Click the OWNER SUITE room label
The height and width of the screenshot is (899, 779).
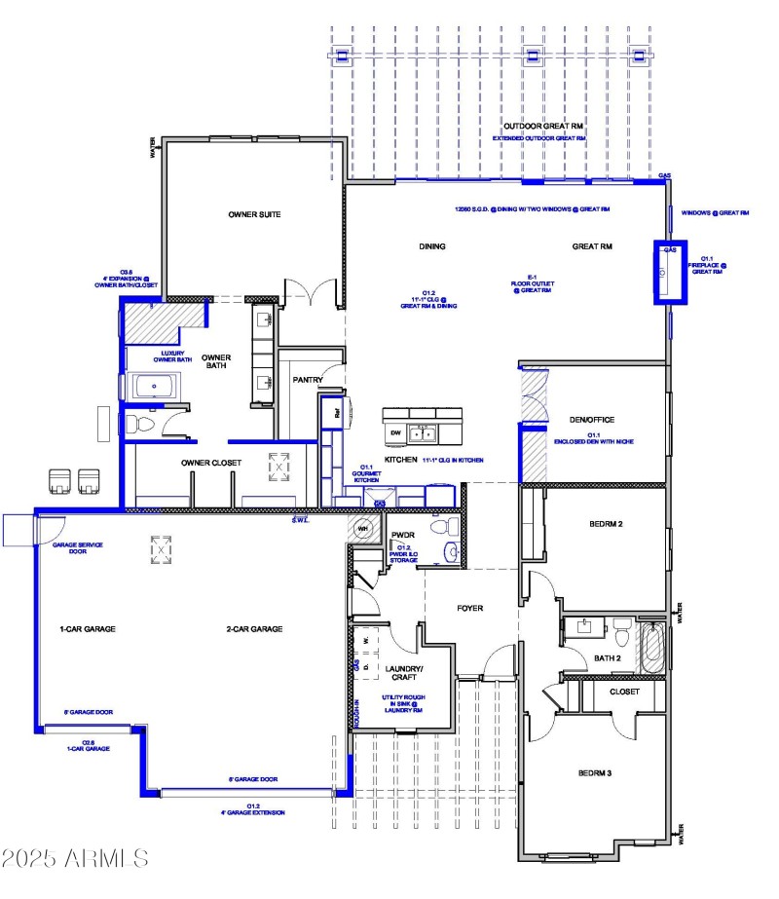(255, 214)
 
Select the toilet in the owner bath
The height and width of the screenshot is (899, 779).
(136, 424)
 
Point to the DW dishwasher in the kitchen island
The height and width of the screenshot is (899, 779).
(395, 432)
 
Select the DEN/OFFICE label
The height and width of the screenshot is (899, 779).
(591, 420)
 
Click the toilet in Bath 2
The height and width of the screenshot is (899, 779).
(619, 632)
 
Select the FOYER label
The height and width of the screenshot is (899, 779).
(470, 609)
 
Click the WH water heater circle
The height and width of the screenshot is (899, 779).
(363, 530)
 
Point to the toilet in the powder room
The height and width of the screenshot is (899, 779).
(450, 527)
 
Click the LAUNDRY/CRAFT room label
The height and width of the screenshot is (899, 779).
(403, 673)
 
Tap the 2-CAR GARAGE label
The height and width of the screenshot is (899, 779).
(254, 629)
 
